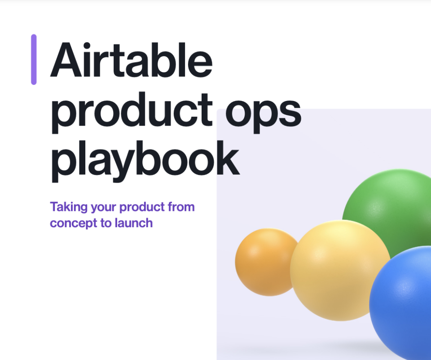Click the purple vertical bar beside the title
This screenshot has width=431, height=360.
point(34,59)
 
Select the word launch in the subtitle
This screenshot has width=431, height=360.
point(133,223)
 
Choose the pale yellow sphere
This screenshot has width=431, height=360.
point(339,269)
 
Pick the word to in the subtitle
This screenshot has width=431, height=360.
point(106,223)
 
